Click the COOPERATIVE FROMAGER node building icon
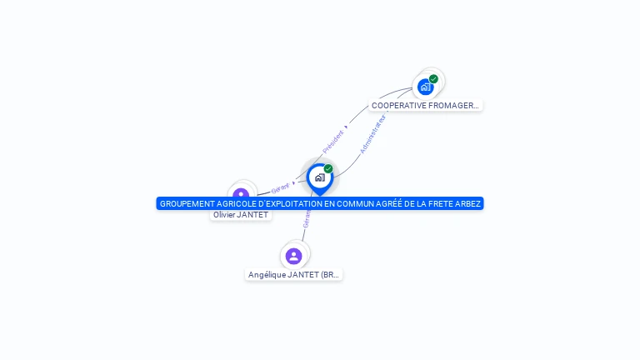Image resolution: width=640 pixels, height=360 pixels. click(x=426, y=87)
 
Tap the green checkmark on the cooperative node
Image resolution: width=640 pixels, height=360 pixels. click(x=433, y=79)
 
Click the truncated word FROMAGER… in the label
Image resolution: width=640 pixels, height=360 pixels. click(x=455, y=106)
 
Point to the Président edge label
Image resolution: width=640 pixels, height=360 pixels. click(x=333, y=141)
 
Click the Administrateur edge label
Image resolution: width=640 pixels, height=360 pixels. click(x=372, y=134)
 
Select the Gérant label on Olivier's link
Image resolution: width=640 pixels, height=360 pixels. click(x=280, y=188)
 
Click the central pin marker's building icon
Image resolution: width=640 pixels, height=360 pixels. click(x=319, y=177)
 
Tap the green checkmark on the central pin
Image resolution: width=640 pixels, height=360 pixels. click(x=328, y=168)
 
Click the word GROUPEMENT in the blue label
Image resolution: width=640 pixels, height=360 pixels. click(x=186, y=203)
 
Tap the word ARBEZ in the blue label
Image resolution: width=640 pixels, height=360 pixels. click(x=468, y=203)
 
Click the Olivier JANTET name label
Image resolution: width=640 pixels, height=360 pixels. click(x=241, y=215)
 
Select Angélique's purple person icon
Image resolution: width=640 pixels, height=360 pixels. click(x=293, y=256)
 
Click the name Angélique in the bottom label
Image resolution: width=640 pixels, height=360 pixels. click(x=266, y=275)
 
